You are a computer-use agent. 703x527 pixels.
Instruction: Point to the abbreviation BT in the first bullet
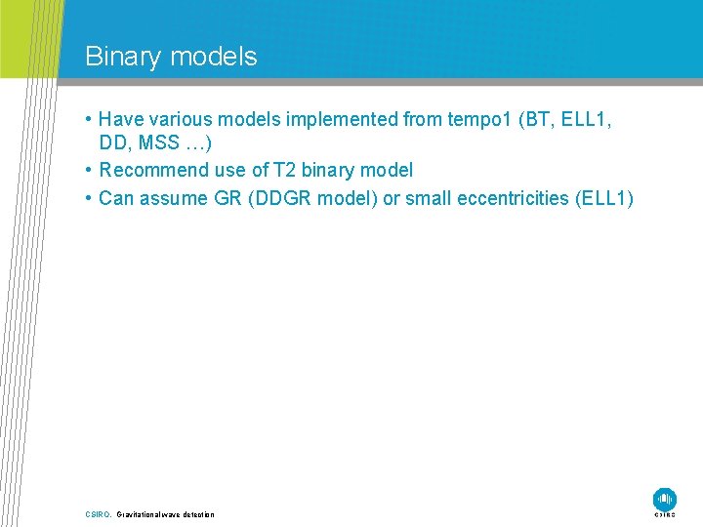[537, 119]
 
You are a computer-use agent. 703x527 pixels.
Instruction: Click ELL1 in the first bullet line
[590, 119]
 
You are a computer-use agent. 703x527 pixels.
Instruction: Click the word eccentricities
[503, 198]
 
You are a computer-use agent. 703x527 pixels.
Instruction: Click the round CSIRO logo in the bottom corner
[664, 498]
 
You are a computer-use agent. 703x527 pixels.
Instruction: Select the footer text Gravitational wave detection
[165, 514]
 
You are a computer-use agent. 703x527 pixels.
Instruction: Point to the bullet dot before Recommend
[89, 171]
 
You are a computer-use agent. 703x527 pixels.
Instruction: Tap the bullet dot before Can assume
[89, 199]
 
